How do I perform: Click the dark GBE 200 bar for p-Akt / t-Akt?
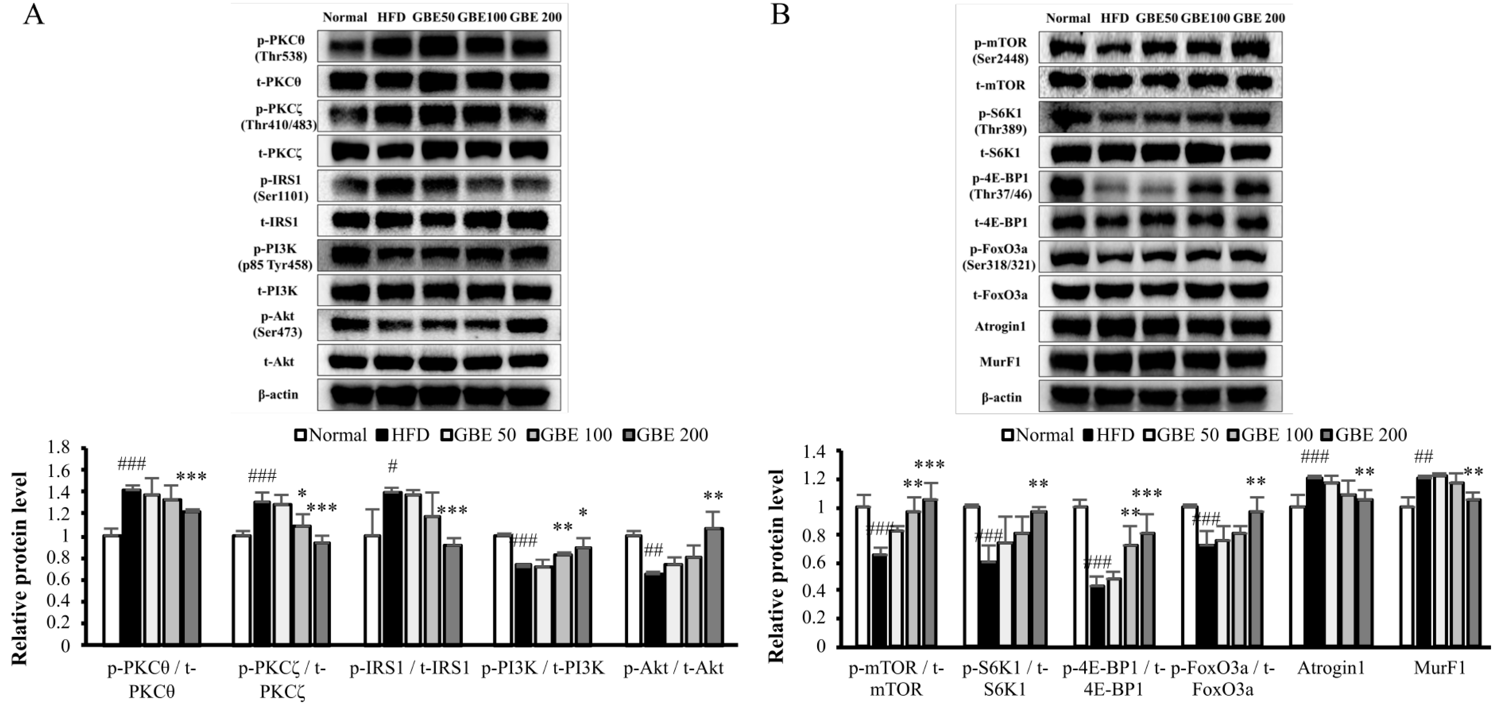pyautogui.click(x=714, y=586)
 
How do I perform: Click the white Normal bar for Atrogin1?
pyautogui.click(x=1297, y=575)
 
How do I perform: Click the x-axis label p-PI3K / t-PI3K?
pyautogui.click(x=542, y=668)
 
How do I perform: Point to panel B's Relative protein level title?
pyautogui.click(x=776, y=566)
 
